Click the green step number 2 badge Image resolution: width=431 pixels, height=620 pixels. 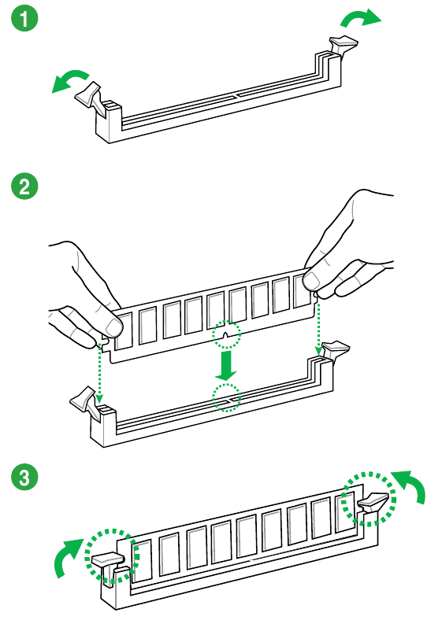(x=25, y=186)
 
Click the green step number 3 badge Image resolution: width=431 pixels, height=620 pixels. (x=25, y=477)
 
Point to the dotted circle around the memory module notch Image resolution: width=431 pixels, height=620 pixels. (x=227, y=336)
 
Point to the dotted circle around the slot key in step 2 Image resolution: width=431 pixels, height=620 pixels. (x=227, y=397)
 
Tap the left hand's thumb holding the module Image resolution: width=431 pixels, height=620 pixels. (x=110, y=322)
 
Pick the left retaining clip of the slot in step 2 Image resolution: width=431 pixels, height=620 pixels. (x=87, y=403)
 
